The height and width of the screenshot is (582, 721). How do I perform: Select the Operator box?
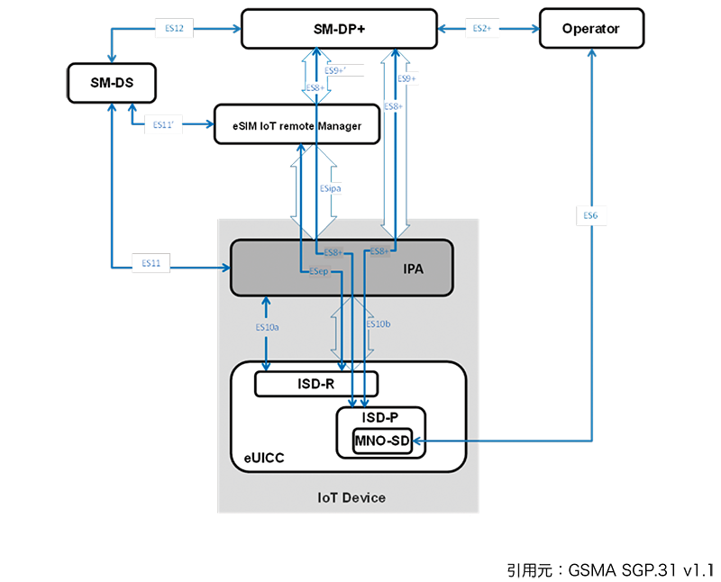[x=591, y=29]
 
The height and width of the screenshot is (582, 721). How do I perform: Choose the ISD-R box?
[x=315, y=385]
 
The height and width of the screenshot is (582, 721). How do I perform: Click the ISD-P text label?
[x=379, y=417]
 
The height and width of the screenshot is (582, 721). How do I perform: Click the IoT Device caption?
[x=351, y=498]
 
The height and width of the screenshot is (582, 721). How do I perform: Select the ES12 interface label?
[x=175, y=29]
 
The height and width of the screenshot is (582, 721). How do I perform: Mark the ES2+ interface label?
[x=482, y=29]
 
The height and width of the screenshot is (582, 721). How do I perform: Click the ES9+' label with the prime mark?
[x=335, y=69]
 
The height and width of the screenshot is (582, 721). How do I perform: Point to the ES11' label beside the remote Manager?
[x=164, y=125]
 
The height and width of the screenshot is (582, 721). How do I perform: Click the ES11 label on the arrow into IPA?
[x=151, y=263]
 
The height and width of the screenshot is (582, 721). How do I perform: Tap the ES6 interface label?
[x=590, y=216]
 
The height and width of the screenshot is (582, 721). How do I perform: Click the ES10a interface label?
[x=267, y=328]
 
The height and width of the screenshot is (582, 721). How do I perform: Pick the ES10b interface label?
[x=378, y=323]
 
